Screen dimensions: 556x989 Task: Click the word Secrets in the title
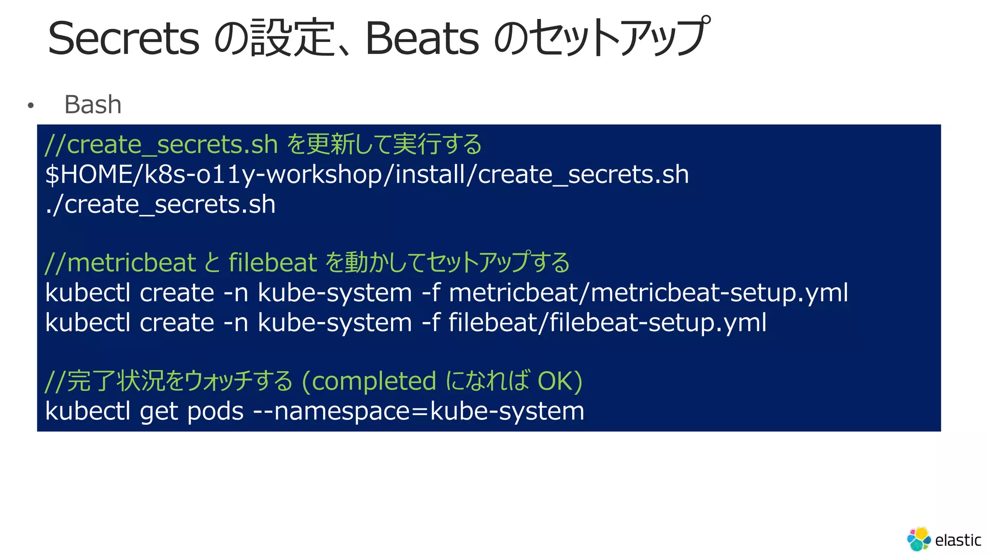pos(124,38)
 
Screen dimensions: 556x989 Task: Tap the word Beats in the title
pos(422,38)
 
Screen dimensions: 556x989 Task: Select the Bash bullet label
pos(93,105)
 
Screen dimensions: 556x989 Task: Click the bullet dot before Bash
pos(31,105)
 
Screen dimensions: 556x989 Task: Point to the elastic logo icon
pos(918,539)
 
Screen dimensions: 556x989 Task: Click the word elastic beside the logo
pos(958,540)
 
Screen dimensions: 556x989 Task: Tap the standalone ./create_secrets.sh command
pos(160,204)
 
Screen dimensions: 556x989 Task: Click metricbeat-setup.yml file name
pos(720,292)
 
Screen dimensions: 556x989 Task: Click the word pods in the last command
pos(215,411)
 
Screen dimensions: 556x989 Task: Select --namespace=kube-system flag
pos(419,411)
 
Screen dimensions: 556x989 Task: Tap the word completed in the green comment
pos(374,381)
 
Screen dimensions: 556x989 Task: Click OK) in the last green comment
pos(560,381)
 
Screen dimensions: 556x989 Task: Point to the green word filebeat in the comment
pos(273,263)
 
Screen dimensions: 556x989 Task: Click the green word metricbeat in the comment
pos(131,263)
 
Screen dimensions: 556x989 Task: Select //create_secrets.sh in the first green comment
pos(161,145)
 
